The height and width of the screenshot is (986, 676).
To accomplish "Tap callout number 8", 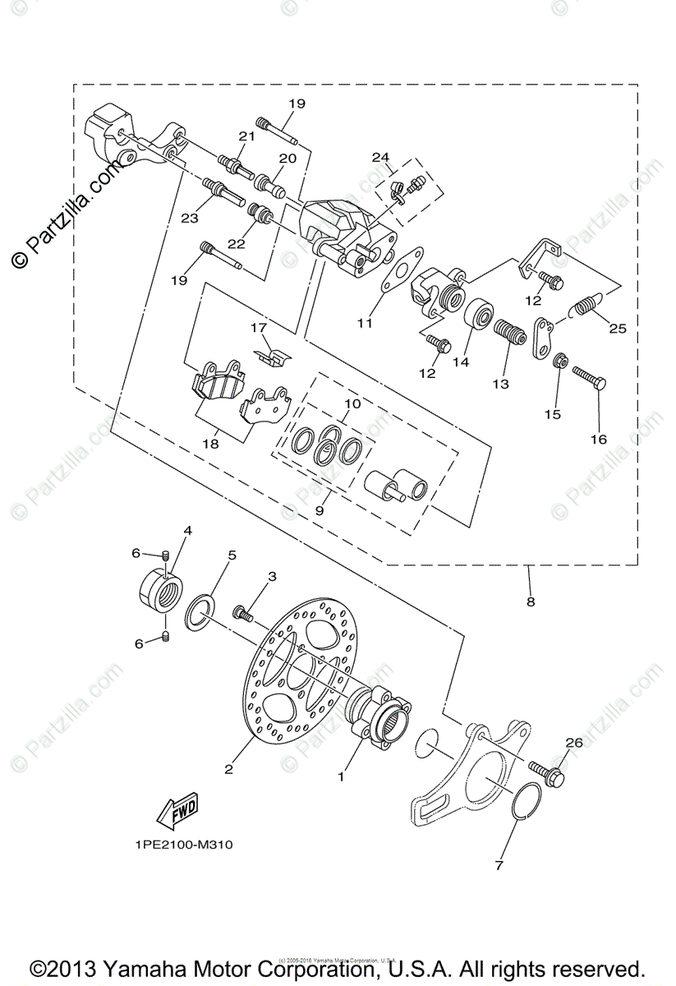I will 531,601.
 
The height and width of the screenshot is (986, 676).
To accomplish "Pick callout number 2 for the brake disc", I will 228,769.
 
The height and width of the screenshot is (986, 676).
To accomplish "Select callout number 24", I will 379,157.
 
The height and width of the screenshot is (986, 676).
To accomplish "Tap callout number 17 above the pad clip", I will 260,328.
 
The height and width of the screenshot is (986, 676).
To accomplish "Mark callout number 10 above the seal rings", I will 352,404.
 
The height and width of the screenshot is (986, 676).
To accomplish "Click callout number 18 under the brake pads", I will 211,444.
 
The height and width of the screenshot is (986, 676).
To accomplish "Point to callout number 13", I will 500,383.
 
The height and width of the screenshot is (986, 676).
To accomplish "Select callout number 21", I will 247,136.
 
